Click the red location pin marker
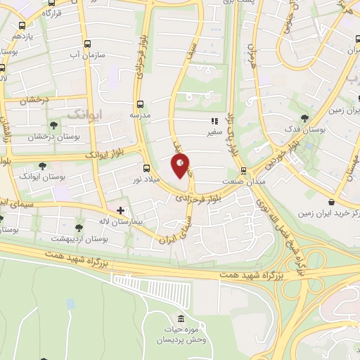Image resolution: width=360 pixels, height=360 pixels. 180,166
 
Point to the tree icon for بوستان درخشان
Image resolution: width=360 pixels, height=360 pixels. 53,125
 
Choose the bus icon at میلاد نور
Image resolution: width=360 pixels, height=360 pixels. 146,168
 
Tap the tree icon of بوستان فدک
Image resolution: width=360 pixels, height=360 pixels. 304,117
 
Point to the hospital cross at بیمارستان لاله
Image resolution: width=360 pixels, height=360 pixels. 121,210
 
